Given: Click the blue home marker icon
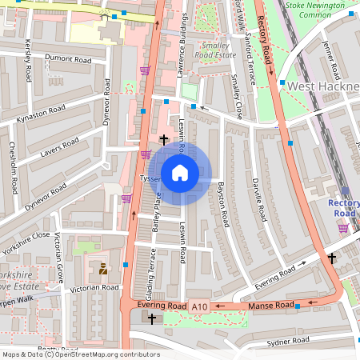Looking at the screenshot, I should [x=180, y=173].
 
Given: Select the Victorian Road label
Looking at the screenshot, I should [x=95, y=287].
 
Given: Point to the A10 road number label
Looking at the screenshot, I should [x=199, y=306].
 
